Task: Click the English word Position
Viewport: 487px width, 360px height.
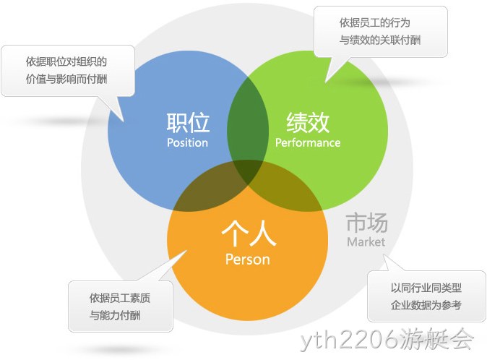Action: [187, 142]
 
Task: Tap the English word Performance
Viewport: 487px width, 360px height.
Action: [308, 142]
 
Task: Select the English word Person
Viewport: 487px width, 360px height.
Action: [248, 260]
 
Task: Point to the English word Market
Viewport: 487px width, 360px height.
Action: [366, 241]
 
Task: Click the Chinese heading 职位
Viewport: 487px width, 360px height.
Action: [188, 122]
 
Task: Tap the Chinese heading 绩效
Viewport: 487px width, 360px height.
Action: [308, 122]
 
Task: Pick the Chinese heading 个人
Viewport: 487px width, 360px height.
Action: [249, 233]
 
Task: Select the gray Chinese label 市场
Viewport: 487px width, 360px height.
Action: [367, 223]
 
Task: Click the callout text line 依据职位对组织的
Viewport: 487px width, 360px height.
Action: [66, 61]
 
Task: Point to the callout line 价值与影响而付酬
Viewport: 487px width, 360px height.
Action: [66, 79]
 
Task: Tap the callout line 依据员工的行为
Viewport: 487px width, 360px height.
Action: [374, 22]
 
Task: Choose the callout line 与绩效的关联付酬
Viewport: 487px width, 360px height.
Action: [380, 40]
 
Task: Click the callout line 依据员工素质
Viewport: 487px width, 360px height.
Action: [120, 298]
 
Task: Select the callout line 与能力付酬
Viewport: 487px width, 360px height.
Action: [115, 315]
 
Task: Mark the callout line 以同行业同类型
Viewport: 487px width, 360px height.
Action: [426, 288]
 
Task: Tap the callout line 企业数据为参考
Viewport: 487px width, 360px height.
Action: [426, 305]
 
